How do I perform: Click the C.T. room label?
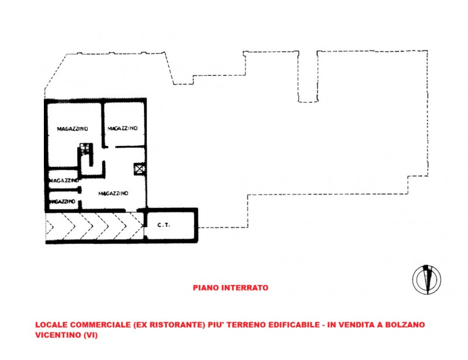(164, 225)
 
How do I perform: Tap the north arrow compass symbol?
(426, 280)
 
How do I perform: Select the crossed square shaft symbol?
(139, 169)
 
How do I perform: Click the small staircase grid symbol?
(84, 149)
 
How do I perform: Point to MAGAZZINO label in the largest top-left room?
(73, 129)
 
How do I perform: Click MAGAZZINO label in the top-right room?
(122, 128)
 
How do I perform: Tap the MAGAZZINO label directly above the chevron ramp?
(113, 194)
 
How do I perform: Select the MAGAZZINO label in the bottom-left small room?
(63, 202)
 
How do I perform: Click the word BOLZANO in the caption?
(405, 325)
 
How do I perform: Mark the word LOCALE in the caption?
(51, 325)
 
